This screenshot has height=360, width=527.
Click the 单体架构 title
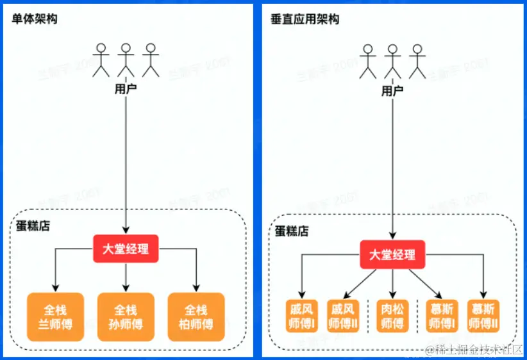pyautogui.click(x=35, y=19)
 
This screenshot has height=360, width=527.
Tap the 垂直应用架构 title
pyautogui.click(x=305, y=19)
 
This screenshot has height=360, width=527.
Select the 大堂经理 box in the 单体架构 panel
pyautogui.click(x=126, y=249)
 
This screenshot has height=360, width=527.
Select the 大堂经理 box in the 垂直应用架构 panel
pyautogui.click(x=392, y=255)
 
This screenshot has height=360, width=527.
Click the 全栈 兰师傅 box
pyautogui.click(x=55, y=317)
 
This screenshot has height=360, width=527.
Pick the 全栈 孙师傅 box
pyautogui.click(x=126, y=317)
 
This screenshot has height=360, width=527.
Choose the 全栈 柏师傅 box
pyautogui.click(x=196, y=317)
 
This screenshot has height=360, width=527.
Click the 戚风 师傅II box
pyautogui.click(x=343, y=316)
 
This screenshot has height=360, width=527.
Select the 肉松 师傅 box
pyautogui.click(x=392, y=316)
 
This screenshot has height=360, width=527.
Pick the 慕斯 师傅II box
pyautogui.click(x=483, y=316)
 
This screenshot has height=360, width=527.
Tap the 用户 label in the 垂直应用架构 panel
pyautogui.click(x=392, y=91)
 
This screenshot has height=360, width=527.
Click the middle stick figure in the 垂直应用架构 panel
pyautogui.click(x=392, y=61)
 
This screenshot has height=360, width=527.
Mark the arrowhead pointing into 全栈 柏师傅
pyautogui.click(x=196, y=288)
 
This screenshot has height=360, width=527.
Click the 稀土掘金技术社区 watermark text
pyautogui.click(x=475, y=350)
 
